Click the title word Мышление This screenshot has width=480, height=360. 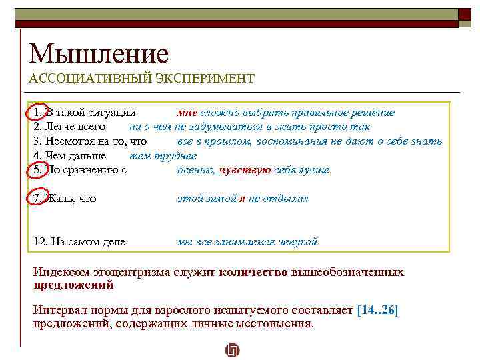[x=99, y=53]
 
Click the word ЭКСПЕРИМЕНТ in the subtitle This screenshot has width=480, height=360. [x=211, y=79]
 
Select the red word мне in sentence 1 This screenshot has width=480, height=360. [x=187, y=113]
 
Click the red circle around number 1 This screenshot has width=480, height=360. [x=37, y=113]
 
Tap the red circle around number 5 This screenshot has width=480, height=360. [x=37, y=170]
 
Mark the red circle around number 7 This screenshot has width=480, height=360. [x=37, y=199]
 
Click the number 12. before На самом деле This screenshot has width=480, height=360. [x=39, y=241]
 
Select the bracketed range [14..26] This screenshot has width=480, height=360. [x=377, y=311]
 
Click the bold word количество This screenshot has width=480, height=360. [x=253, y=272]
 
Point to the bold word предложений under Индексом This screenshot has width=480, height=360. [x=73, y=285]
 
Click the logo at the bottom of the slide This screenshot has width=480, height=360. [x=233, y=350]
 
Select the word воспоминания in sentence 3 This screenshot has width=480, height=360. [x=299, y=141]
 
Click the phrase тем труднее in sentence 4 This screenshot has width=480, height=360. [x=162, y=156]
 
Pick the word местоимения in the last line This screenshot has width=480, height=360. [x=273, y=324]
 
